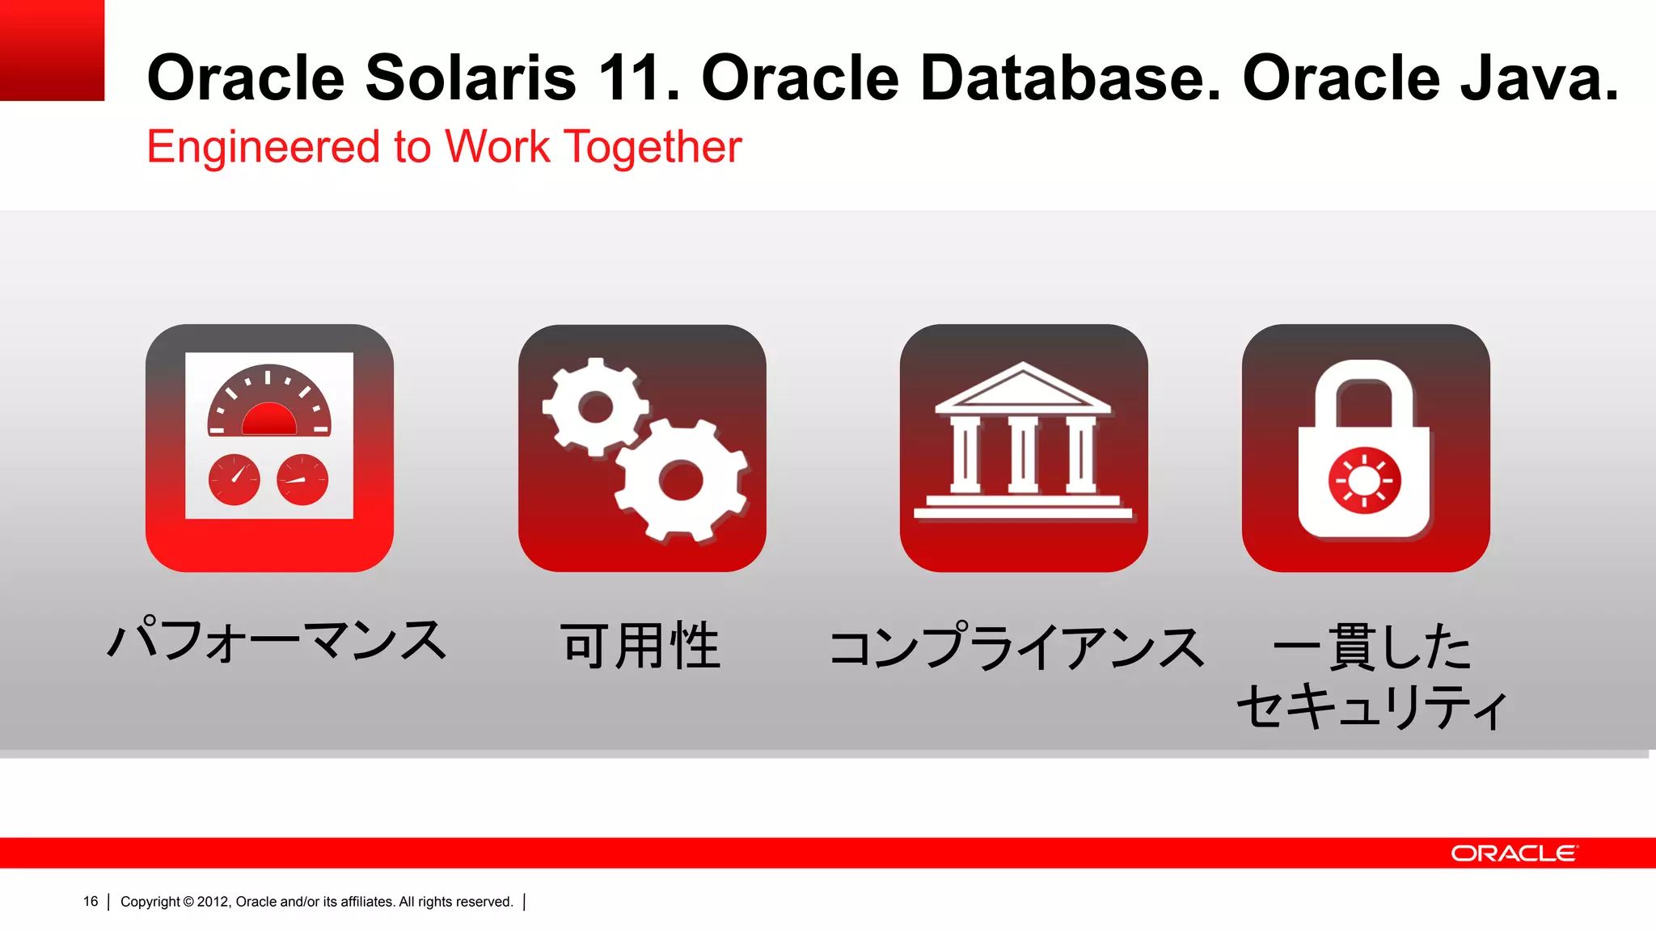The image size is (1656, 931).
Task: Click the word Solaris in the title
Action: point(471,78)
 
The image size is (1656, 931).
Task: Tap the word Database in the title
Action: point(1069,78)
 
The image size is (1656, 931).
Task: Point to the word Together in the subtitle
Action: point(653,148)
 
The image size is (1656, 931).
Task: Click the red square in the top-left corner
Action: point(52,50)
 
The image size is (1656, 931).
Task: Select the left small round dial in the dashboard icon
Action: point(234,479)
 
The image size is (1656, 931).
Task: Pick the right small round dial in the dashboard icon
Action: point(302,479)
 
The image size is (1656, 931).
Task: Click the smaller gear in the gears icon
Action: point(596,407)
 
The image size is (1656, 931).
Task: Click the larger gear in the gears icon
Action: point(681,480)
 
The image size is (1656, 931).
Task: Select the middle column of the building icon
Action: point(1023,454)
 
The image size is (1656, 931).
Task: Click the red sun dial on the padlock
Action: point(1364,481)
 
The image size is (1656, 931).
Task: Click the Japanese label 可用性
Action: point(640,646)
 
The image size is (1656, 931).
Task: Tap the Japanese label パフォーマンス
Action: point(277,641)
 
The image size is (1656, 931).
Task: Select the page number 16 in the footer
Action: point(91,902)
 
